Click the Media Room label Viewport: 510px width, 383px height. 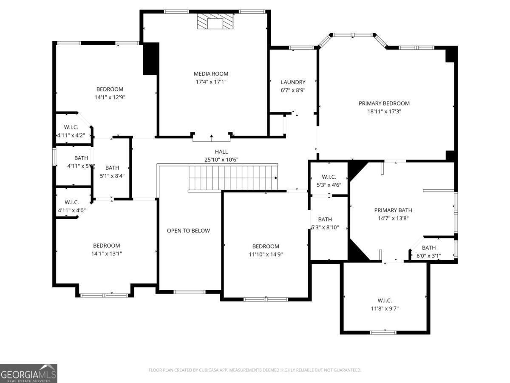pyautogui.click(x=211, y=74)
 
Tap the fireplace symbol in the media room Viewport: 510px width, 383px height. pyautogui.click(x=215, y=21)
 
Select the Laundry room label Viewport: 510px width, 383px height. pyautogui.click(x=293, y=82)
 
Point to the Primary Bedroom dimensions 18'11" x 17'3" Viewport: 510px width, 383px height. pyautogui.click(x=384, y=111)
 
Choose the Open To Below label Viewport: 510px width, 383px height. pyautogui.click(x=188, y=231)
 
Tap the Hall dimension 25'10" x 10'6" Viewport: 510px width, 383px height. pyautogui.click(x=221, y=160)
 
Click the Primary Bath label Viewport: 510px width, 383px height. pyautogui.click(x=393, y=210)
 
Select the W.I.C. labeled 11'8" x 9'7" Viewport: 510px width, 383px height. pyautogui.click(x=384, y=304)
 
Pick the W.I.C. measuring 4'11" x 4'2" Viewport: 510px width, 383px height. pyautogui.click(x=71, y=131)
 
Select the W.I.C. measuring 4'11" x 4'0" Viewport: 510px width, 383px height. pyautogui.click(x=71, y=206)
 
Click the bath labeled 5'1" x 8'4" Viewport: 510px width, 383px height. pyautogui.click(x=112, y=171)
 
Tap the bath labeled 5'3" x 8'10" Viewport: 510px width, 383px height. pyautogui.click(x=325, y=223)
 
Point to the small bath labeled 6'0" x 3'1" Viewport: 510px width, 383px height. pyautogui.click(x=428, y=252)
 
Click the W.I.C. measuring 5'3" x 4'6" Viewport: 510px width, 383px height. pyautogui.click(x=329, y=180)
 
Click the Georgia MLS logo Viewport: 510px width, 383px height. pyautogui.click(x=28, y=373)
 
